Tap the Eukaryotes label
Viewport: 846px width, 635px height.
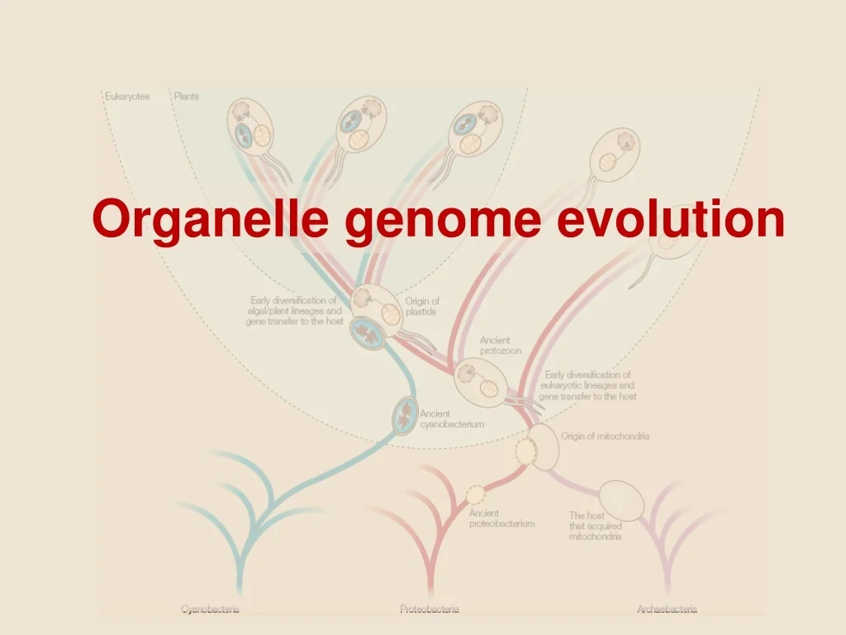127,97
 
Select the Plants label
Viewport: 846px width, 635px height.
186,97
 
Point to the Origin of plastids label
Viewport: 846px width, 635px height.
422,307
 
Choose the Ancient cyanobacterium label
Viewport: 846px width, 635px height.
452,419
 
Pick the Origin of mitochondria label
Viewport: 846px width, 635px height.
605,436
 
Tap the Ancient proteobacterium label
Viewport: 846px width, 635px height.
501,518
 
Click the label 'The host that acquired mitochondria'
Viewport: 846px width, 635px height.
595,526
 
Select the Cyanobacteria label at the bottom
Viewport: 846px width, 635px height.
211,609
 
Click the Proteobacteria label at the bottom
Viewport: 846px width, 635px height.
430,609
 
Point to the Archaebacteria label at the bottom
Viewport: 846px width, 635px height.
667,609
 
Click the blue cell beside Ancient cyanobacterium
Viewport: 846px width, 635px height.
405,415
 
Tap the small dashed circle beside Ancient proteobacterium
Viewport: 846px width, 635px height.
477,494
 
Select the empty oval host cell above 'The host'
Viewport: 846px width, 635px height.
621,499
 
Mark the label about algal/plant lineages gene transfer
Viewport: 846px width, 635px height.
294,311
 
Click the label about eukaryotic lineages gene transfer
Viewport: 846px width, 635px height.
587,385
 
